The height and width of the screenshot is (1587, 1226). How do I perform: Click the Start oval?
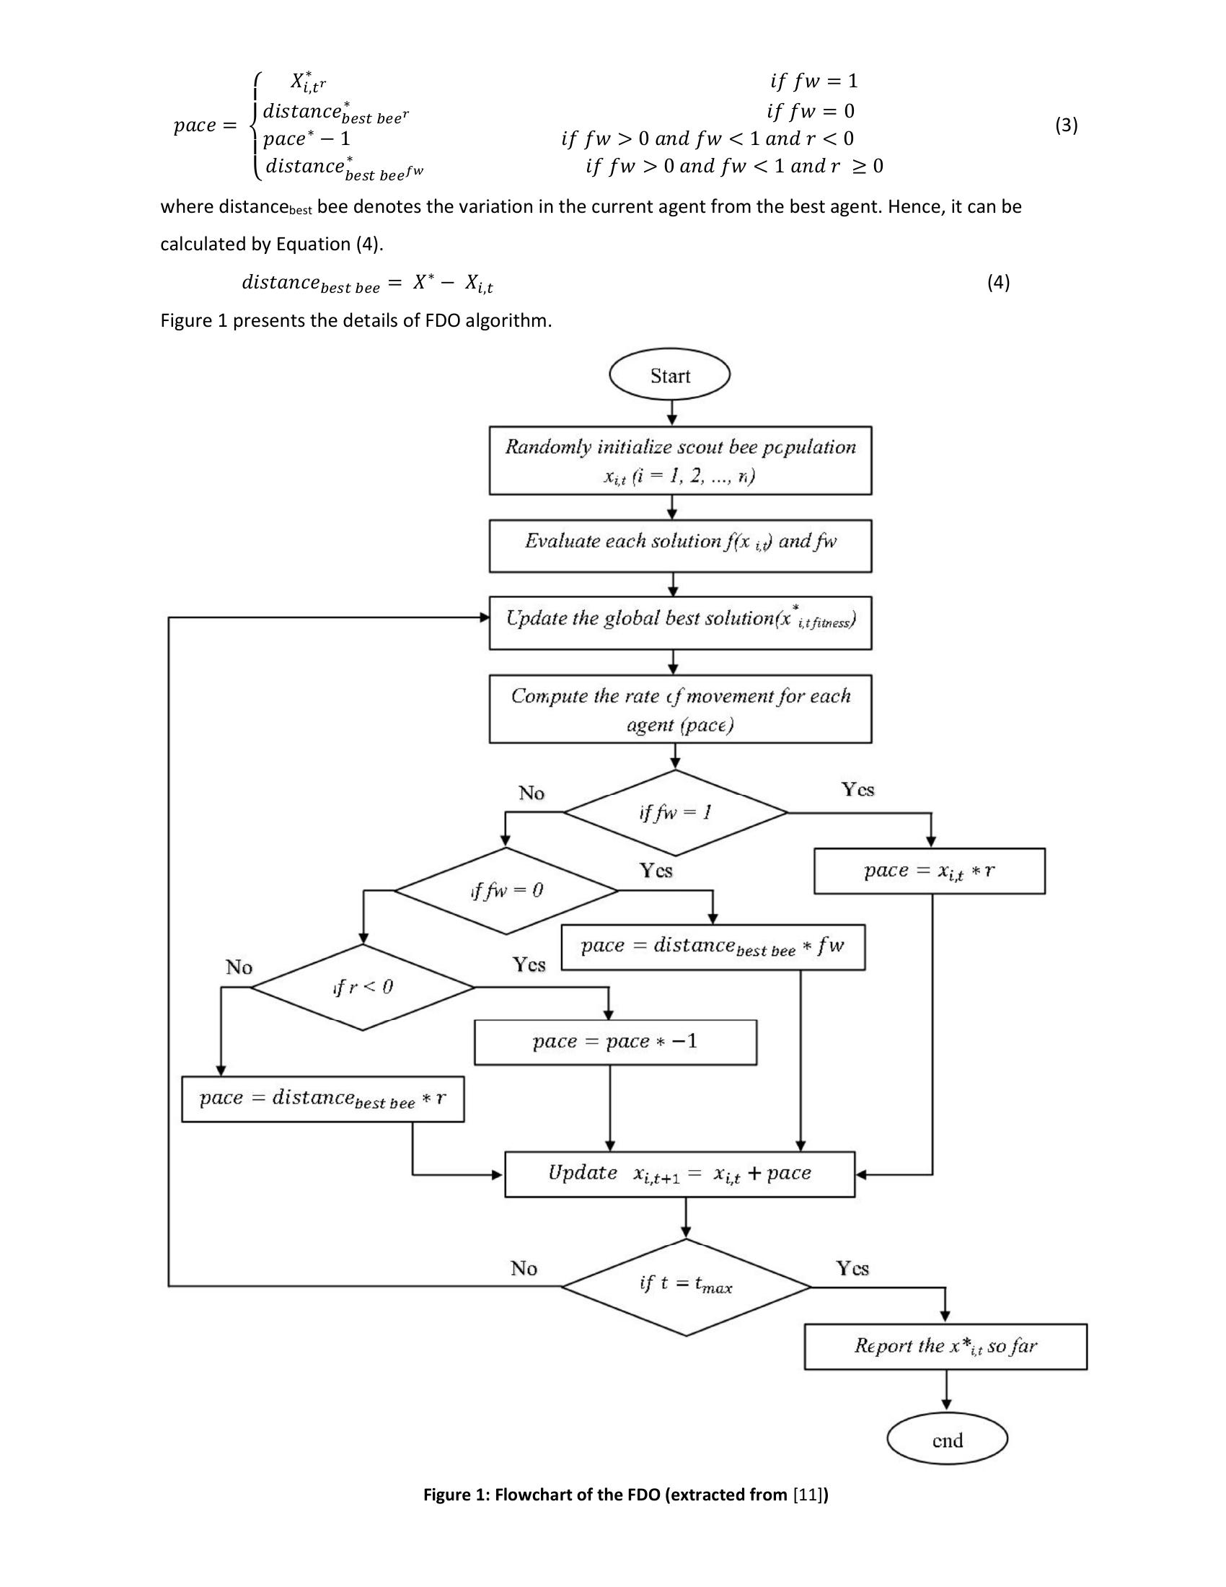pos(669,376)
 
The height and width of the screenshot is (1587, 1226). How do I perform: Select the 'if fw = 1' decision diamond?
pos(676,812)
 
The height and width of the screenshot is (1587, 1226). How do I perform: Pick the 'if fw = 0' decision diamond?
pos(506,890)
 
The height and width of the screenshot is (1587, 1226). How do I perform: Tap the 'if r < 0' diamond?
pos(363,987)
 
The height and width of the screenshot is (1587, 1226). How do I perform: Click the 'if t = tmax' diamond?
pos(686,1287)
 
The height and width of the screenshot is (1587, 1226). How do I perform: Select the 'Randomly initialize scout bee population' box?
pos(680,461)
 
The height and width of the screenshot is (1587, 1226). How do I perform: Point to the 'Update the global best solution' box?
pos(680,623)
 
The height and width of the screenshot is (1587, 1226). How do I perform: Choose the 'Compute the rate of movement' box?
pos(680,708)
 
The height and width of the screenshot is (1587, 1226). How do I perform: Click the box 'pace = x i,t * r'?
pos(929,871)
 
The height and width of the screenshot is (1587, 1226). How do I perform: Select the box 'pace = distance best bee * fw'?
pos(713,947)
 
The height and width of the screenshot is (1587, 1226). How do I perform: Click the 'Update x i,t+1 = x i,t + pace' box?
pos(679,1174)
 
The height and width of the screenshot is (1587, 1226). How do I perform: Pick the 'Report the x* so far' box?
pos(945,1347)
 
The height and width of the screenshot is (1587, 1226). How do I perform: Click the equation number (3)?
pos(1065,125)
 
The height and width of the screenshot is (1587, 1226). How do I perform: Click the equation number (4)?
pos(998,282)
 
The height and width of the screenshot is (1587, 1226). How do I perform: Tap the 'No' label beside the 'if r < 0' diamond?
pos(239,967)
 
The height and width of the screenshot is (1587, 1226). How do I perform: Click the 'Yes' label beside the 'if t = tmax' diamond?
pos(852,1268)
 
